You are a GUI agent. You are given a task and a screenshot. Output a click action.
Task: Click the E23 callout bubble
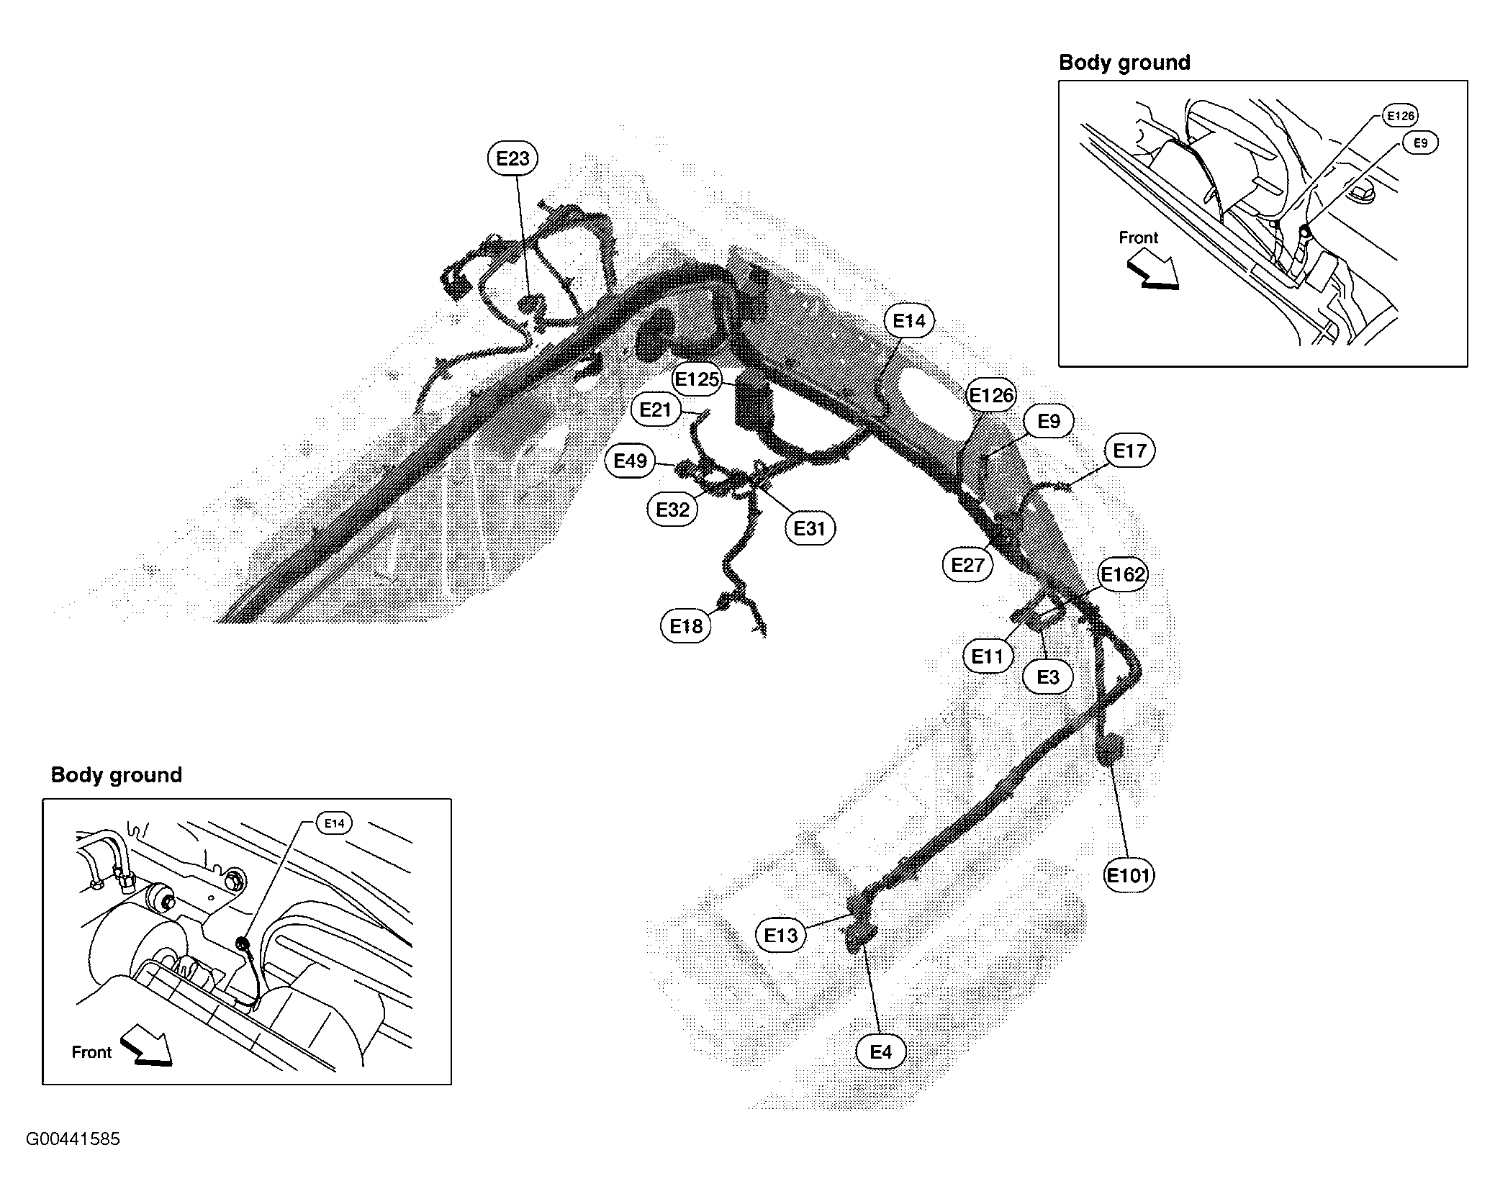pos(512,158)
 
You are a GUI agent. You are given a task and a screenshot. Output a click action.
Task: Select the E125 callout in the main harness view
pos(697,379)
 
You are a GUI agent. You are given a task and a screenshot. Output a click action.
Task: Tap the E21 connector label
pos(655,410)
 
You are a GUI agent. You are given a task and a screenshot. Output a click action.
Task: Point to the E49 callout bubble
pos(630,460)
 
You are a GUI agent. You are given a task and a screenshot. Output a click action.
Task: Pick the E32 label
pos(672,510)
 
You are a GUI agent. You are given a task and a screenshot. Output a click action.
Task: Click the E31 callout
pos(809,528)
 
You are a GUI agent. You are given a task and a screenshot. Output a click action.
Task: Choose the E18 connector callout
pos(686,626)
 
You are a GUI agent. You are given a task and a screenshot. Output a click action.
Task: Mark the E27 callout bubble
pos(967,565)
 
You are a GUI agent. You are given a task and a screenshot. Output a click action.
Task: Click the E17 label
pos(1129,451)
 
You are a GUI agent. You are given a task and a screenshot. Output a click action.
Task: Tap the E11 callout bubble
pos(988,656)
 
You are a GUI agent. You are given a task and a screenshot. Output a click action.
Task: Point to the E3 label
pos(1048,677)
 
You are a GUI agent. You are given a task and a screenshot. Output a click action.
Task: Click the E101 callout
pos(1129,875)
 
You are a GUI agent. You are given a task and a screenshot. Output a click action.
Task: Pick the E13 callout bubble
pos(781,935)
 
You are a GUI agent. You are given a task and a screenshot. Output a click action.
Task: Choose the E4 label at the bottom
pos(881,1051)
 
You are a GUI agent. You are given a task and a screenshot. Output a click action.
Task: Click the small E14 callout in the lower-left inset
pos(335,823)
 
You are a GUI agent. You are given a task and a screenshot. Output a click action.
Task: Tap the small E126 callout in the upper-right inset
pos(1401,115)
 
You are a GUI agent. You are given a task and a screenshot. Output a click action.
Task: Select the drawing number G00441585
pos(73,1139)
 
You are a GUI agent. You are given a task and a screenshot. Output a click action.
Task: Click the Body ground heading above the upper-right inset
pos(1124,63)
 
